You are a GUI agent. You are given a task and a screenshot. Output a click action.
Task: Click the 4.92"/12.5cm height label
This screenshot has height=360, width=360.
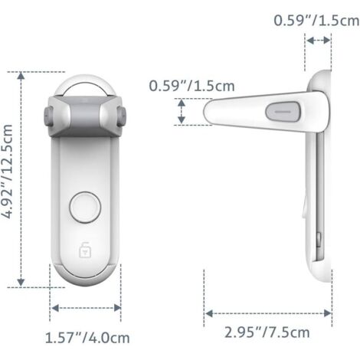click(x=7, y=172)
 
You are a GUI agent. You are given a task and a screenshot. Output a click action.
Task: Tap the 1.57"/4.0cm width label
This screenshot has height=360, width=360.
click(x=87, y=338)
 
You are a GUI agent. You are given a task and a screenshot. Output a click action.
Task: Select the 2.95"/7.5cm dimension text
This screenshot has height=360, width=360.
click(x=267, y=332)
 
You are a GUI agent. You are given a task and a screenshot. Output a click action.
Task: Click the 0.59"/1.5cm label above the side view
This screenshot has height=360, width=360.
click(x=316, y=20)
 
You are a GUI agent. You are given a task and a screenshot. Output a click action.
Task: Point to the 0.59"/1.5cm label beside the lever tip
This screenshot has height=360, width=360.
click(x=191, y=86)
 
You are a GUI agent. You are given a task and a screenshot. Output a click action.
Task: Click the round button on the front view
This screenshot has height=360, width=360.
click(x=85, y=208)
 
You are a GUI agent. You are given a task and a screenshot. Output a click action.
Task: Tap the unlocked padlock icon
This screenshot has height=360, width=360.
click(x=85, y=250)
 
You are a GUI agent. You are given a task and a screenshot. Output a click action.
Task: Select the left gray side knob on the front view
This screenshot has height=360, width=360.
click(x=48, y=116)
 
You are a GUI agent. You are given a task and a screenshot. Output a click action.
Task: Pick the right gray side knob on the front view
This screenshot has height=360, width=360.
click(x=122, y=116)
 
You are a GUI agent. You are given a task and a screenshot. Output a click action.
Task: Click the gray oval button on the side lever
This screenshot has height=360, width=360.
click(x=283, y=112)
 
